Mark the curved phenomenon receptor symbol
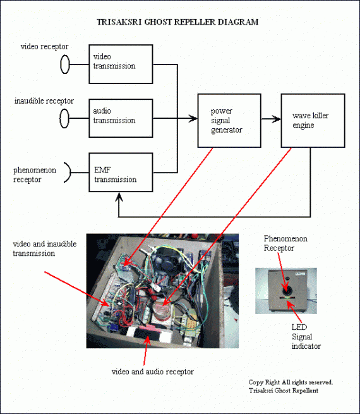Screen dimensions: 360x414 (70, 173)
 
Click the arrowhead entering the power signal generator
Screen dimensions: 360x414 (193, 119)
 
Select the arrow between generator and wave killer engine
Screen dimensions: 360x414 (271, 119)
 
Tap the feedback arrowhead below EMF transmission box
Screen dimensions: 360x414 (119, 197)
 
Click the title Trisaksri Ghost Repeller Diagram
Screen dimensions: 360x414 (177, 21)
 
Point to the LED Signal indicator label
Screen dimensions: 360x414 (306, 337)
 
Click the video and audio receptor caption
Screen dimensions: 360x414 (153, 372)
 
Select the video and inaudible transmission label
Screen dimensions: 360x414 (45, 248)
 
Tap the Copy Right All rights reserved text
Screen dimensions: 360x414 (291, 382)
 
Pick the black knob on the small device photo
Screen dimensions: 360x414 (287, 291)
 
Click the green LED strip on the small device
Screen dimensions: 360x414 (287, 298)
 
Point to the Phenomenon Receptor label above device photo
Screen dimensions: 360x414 (285, 243)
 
